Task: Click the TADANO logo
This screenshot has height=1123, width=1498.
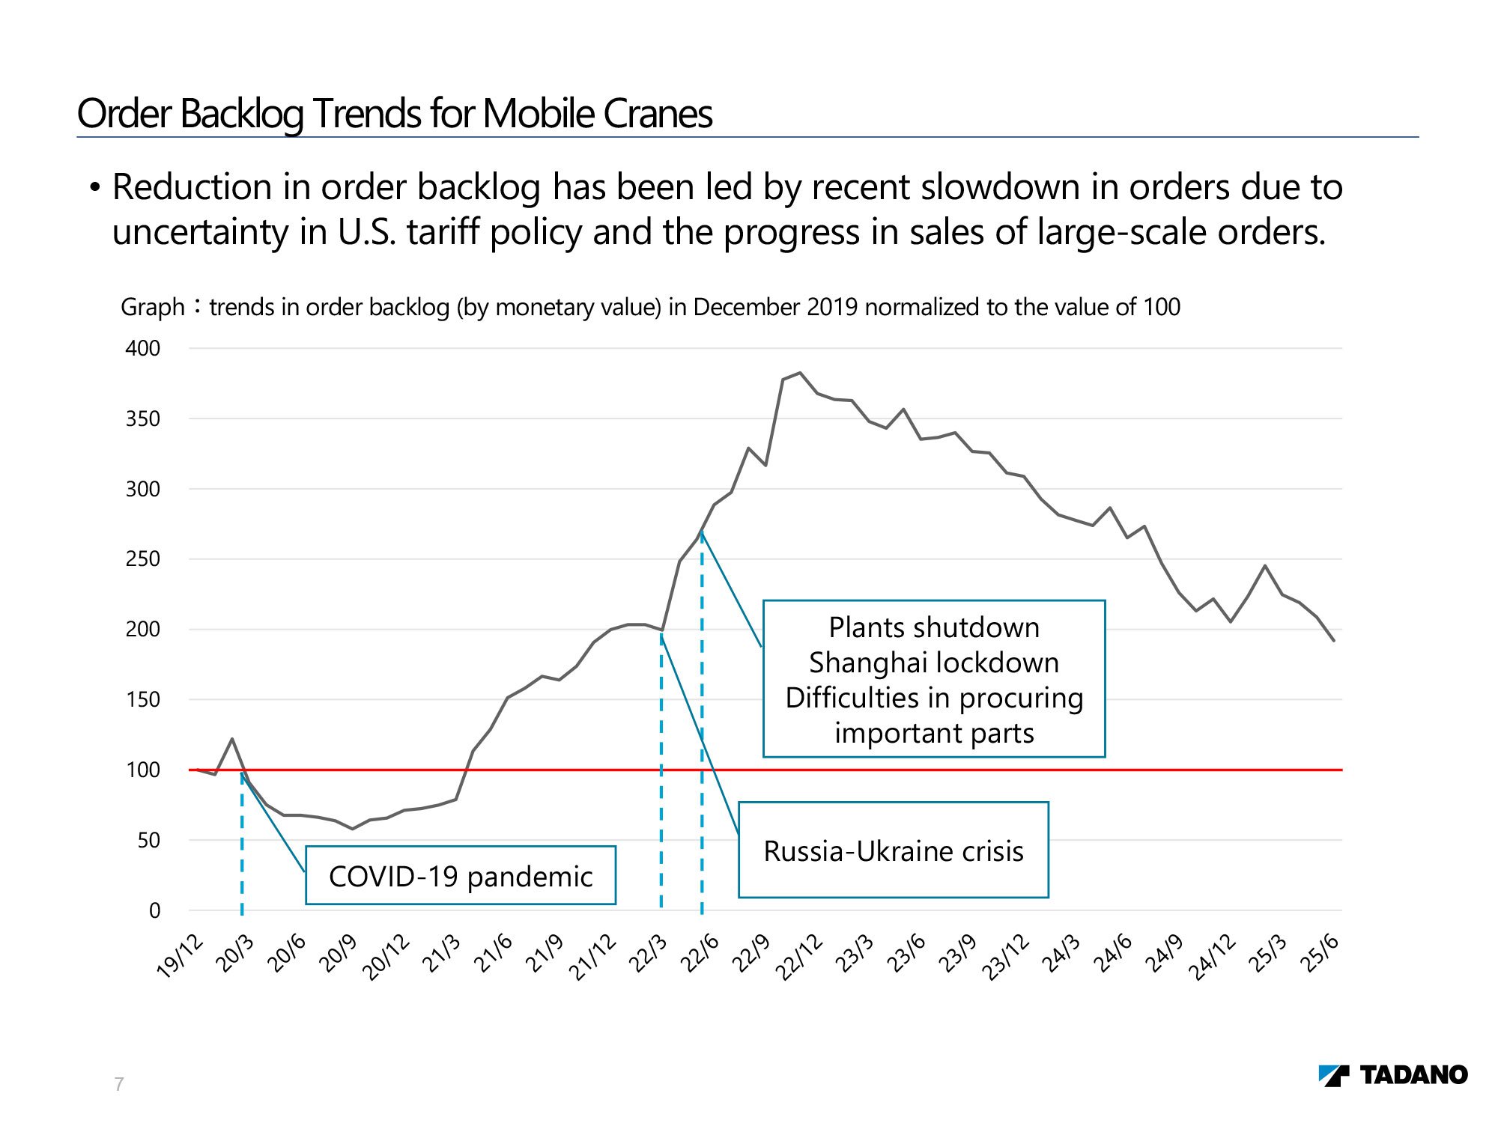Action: click(1392, 1075)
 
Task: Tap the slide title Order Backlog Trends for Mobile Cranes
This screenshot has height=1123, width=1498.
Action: click(395, 114)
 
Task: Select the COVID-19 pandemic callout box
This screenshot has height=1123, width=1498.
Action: click(461, 876)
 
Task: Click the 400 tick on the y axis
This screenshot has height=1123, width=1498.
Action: click(142, 348)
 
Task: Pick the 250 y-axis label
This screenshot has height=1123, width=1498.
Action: click(142, 559)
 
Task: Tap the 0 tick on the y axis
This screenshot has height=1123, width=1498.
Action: click(154, 911)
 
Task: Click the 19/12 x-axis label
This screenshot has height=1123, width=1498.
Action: click(180, 957)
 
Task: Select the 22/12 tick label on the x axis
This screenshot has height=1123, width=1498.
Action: click(798, 957)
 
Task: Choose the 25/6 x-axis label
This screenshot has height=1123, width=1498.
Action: click(1320, 954)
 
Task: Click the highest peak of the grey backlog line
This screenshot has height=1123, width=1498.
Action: click(800, 373)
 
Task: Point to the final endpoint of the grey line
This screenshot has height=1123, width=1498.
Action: click(1334, 641)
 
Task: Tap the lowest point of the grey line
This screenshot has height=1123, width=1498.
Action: click(352, 829)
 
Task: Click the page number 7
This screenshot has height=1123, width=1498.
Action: click(119, 1083)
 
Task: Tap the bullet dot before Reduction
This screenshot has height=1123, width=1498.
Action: click(94, 187)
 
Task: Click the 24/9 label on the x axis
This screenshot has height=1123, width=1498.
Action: click(1163, 954)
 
